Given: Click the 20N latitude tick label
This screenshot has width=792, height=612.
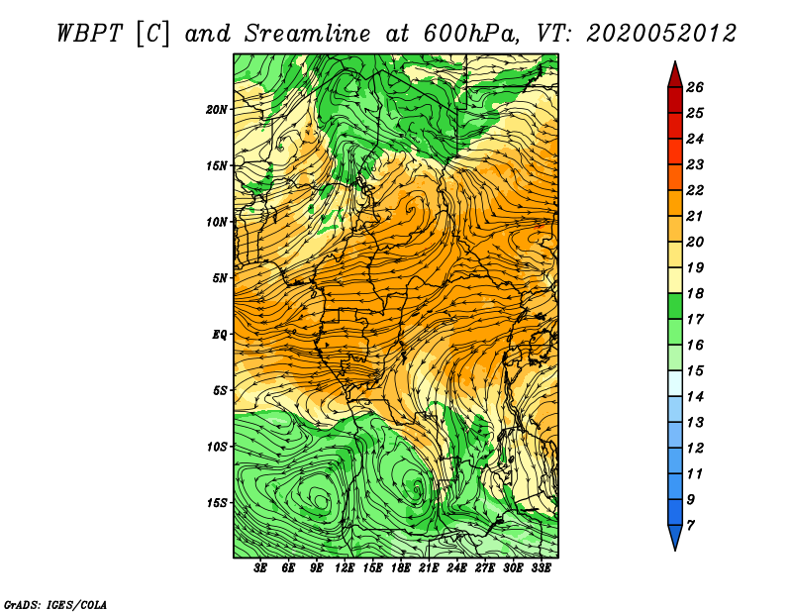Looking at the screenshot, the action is [x=216, y=110].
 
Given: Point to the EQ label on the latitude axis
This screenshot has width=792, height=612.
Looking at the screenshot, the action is [x=219, y=335].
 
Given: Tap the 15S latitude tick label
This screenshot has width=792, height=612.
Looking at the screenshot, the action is [x=217, y=503].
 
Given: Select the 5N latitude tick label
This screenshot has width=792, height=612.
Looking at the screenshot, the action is [x=220, y=278].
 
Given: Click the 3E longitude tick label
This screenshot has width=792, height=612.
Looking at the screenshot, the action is [x=260, y=567].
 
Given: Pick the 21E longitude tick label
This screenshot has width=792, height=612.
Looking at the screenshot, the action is [x=429, y=567].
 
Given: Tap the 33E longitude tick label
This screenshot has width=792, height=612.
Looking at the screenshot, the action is [x=541, y=567].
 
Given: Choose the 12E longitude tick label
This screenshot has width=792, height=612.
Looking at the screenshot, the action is [x=345, y=567].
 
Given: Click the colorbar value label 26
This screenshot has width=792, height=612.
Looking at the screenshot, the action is [x=695, y=87].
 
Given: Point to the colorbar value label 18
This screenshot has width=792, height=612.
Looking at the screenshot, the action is [x=695, y=293].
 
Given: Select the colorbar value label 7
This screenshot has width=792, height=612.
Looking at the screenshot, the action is [x=690, y=526].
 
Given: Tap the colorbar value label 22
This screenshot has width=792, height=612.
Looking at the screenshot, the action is [x=695, y=190].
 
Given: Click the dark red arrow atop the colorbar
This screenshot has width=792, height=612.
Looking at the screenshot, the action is [x=675, y=74].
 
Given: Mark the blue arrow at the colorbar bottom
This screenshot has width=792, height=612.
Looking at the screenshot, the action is [x=675, y=537].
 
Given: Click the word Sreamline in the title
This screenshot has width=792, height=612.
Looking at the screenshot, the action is [x=307, y=34].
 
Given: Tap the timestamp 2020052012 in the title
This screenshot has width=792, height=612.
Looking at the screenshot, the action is [x=661, y=34].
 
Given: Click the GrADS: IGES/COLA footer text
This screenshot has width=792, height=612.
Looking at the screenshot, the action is [x=55, y=605].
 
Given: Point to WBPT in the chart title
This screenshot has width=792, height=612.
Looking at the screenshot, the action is [x=90, y=34].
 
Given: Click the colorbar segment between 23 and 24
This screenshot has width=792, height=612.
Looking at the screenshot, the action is [x=675, y=152].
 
